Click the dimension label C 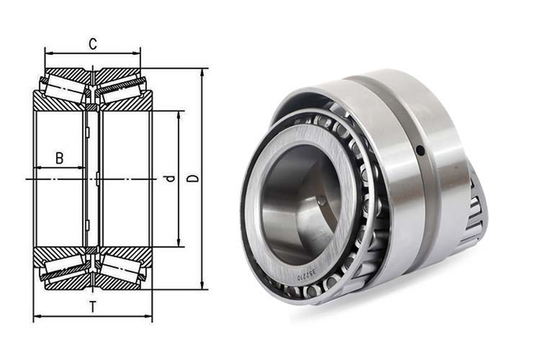93,44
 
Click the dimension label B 60,159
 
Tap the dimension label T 93,307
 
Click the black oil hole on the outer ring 420,150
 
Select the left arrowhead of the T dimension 37,316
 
